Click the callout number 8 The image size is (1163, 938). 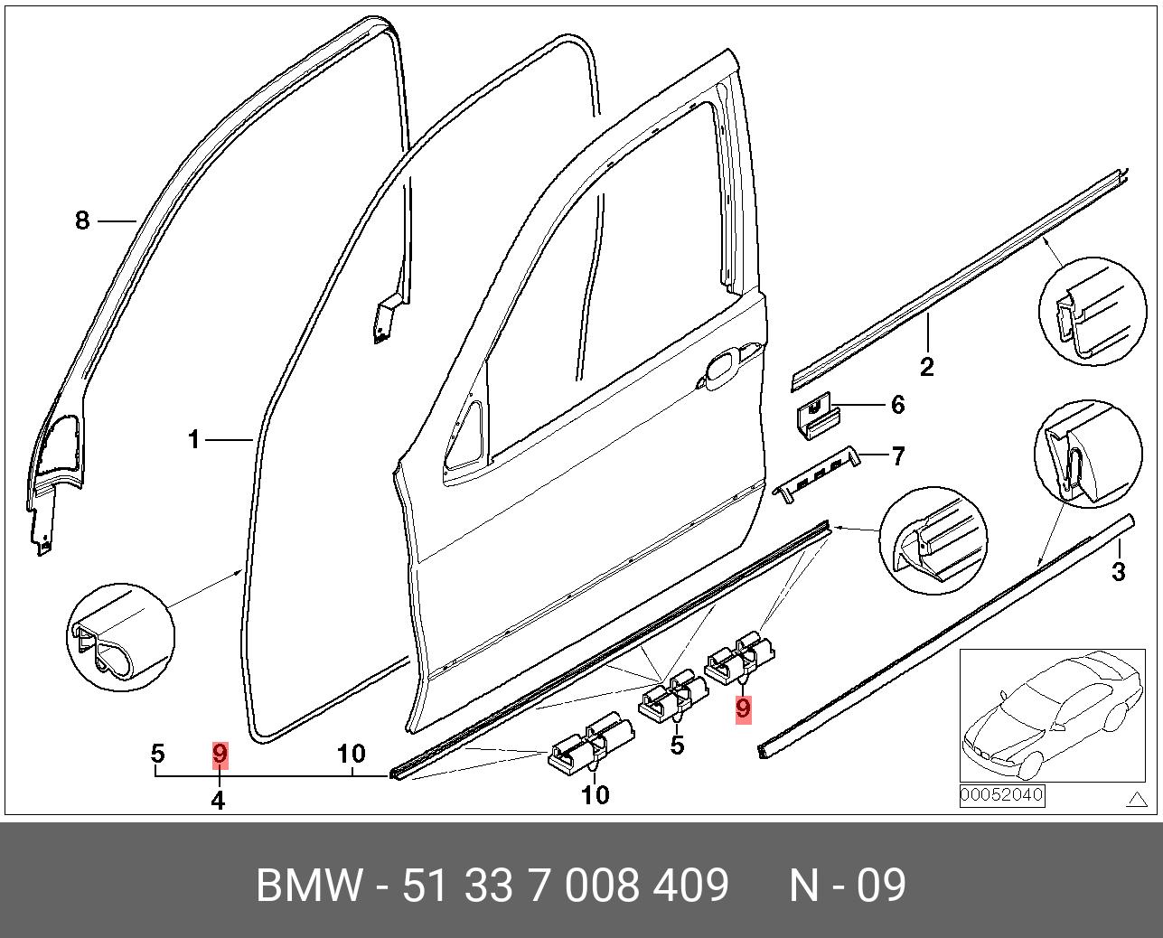(82, 220)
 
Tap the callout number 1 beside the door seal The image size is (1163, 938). (193, 440)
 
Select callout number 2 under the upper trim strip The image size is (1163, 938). (926, 366)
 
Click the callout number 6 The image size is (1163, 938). (897, 404)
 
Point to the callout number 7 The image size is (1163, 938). (897, 456)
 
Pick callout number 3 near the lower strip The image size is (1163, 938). (1119, 571)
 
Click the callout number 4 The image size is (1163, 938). (218, 800)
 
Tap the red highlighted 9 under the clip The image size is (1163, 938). (743, 708)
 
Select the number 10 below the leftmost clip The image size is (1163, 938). (595, 795)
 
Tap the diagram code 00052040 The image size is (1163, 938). (1001, 796)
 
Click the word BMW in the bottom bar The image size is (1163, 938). (309, 886)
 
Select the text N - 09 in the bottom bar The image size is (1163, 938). (847, 886)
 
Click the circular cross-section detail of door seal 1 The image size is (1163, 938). (119, 638)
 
